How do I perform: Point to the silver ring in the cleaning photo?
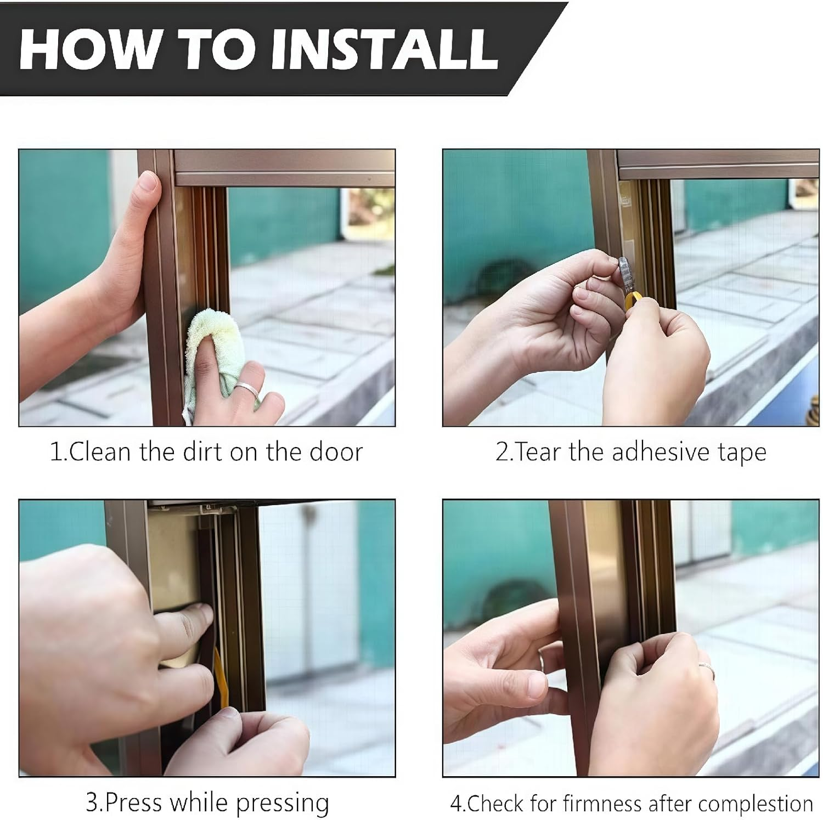pos(247,390)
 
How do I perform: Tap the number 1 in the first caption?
pos(55,453)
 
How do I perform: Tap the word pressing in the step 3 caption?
pos(282,804)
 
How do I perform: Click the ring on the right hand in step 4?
pos(707,670)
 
